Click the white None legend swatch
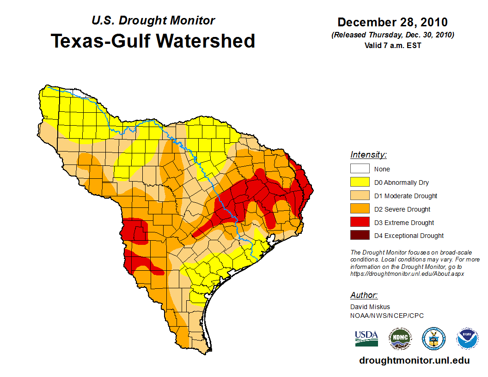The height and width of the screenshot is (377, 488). coord(360,169)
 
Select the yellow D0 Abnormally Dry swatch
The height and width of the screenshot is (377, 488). coord(360,182)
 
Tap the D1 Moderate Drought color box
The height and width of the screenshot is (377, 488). coord(360,196)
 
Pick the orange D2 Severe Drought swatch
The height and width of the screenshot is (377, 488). coord(360,209)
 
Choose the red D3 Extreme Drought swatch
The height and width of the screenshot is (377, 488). coord(360,223)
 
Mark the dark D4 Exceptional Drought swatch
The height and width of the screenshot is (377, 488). coord(360,236)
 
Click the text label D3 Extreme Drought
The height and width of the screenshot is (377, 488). coord(404,223)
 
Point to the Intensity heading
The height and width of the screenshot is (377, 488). coord(368,155)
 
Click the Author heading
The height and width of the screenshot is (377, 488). coord(364,295)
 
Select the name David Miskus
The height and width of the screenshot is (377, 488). coord(370,307)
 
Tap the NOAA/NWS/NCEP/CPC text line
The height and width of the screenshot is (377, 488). coord(387,316)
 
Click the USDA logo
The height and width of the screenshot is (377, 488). coord(366,338)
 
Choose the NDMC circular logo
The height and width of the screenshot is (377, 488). coord(400,339)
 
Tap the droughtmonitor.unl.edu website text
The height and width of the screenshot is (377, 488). coord(414,360)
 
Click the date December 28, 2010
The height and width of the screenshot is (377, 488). coord(392,22)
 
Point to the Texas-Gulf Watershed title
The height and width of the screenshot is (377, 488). coord(153,41)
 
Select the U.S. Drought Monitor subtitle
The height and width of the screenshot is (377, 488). coord(153,20)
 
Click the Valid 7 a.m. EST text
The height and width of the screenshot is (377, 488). coord(392,45)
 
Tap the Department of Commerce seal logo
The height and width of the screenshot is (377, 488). coord(433,339)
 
